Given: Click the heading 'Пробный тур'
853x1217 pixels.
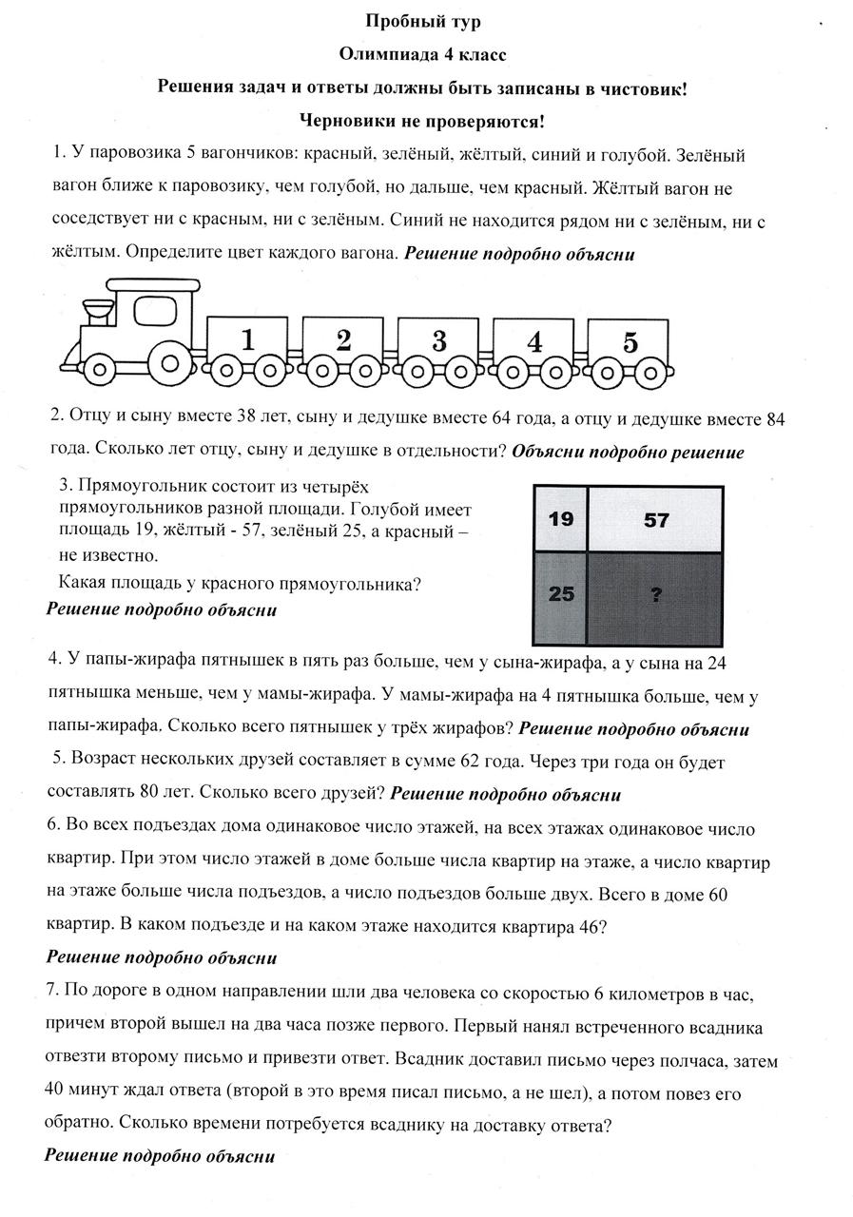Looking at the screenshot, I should pos(425,21).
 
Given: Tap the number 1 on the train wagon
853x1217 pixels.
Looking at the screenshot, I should pos(247,339).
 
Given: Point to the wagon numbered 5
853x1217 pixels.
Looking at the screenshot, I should pos(629,342).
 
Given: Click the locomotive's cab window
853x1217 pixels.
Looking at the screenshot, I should pos(150,310).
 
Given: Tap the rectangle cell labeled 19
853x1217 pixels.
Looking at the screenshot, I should pos(562,519).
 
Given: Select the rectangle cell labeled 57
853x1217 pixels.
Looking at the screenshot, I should pos(655,519).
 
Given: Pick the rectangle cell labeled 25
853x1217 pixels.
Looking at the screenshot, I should pos(562,594).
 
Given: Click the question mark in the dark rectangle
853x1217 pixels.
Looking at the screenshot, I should pos(655,595).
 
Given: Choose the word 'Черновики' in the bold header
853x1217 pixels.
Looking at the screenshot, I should pos(342,121).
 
